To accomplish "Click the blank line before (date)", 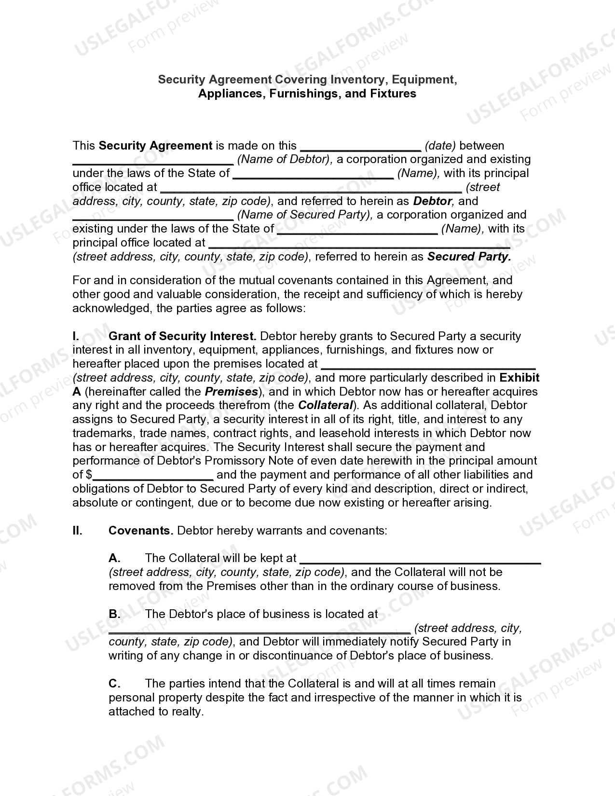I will pyautogui.click(x=360, y=146).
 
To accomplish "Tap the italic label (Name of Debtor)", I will pyautogui.click(x=285, y=160).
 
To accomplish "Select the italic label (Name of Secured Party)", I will pyautogui.click(x=305, y=215).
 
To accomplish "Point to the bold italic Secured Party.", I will pyautogui.click(x=469, y=257).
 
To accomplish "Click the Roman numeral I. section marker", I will pyautogui.click(x=76, y=336).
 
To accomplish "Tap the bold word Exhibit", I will pyautogui.click(x=519, y=378).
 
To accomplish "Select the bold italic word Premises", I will pyautogui.click(x=232, y=392).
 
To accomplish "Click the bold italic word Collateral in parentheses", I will pyautogui.click(x=326, y=406).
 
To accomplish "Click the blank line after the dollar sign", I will pyautogui.click(x=153, y=476).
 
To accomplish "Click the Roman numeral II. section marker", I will pyautogui.click(x=78, y=531).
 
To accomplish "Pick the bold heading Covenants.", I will pyautogui.click(x=140, y=531).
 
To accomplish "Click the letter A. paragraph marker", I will pyautogui.click(x=114, y=559).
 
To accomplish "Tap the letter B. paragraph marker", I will pyautogui.click(x=114, y=615).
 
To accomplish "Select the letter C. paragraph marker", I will pyautogui.click(x=114, y=684).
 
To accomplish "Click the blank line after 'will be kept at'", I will pyautogui.click(x=420, y=560).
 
